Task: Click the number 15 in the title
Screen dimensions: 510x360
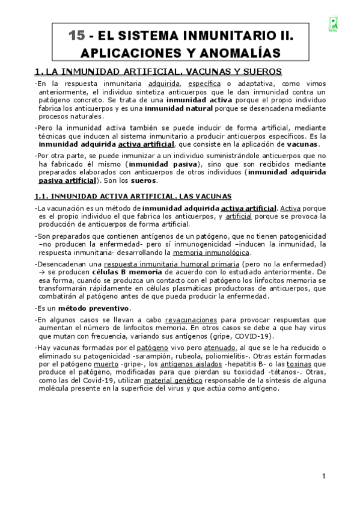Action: coord(77,37)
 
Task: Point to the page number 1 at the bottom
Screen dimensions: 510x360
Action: coord(323,477)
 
